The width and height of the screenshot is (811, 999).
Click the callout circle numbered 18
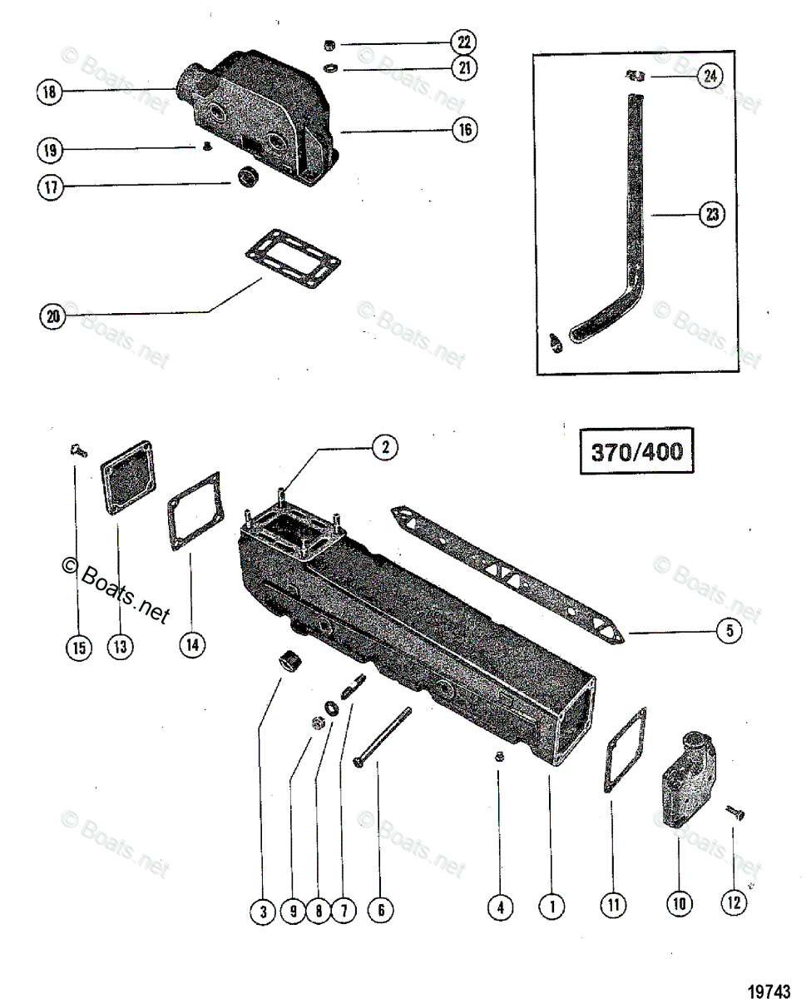coord(50,93)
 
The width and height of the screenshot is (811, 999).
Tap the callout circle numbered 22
coord(463,42)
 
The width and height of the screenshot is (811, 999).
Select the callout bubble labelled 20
coord(52,317)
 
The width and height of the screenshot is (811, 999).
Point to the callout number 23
coord(711,216)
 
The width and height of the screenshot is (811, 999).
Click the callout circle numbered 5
coord(729,632)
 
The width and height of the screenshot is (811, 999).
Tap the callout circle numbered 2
coord(383,447)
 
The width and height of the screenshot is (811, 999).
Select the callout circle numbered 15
coord(79,649)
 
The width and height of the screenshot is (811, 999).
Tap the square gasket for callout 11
coord(626,749)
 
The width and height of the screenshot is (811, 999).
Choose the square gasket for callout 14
coord(194,511)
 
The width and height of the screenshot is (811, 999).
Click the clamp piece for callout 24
coord(637,77)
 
